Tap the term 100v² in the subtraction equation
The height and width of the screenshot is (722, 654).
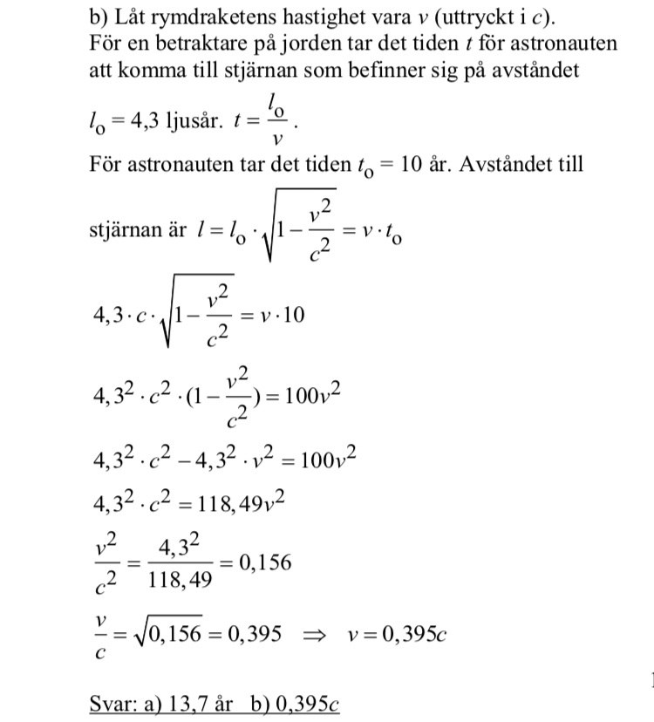(328, 457)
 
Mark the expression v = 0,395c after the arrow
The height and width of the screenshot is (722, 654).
(402, 634)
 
